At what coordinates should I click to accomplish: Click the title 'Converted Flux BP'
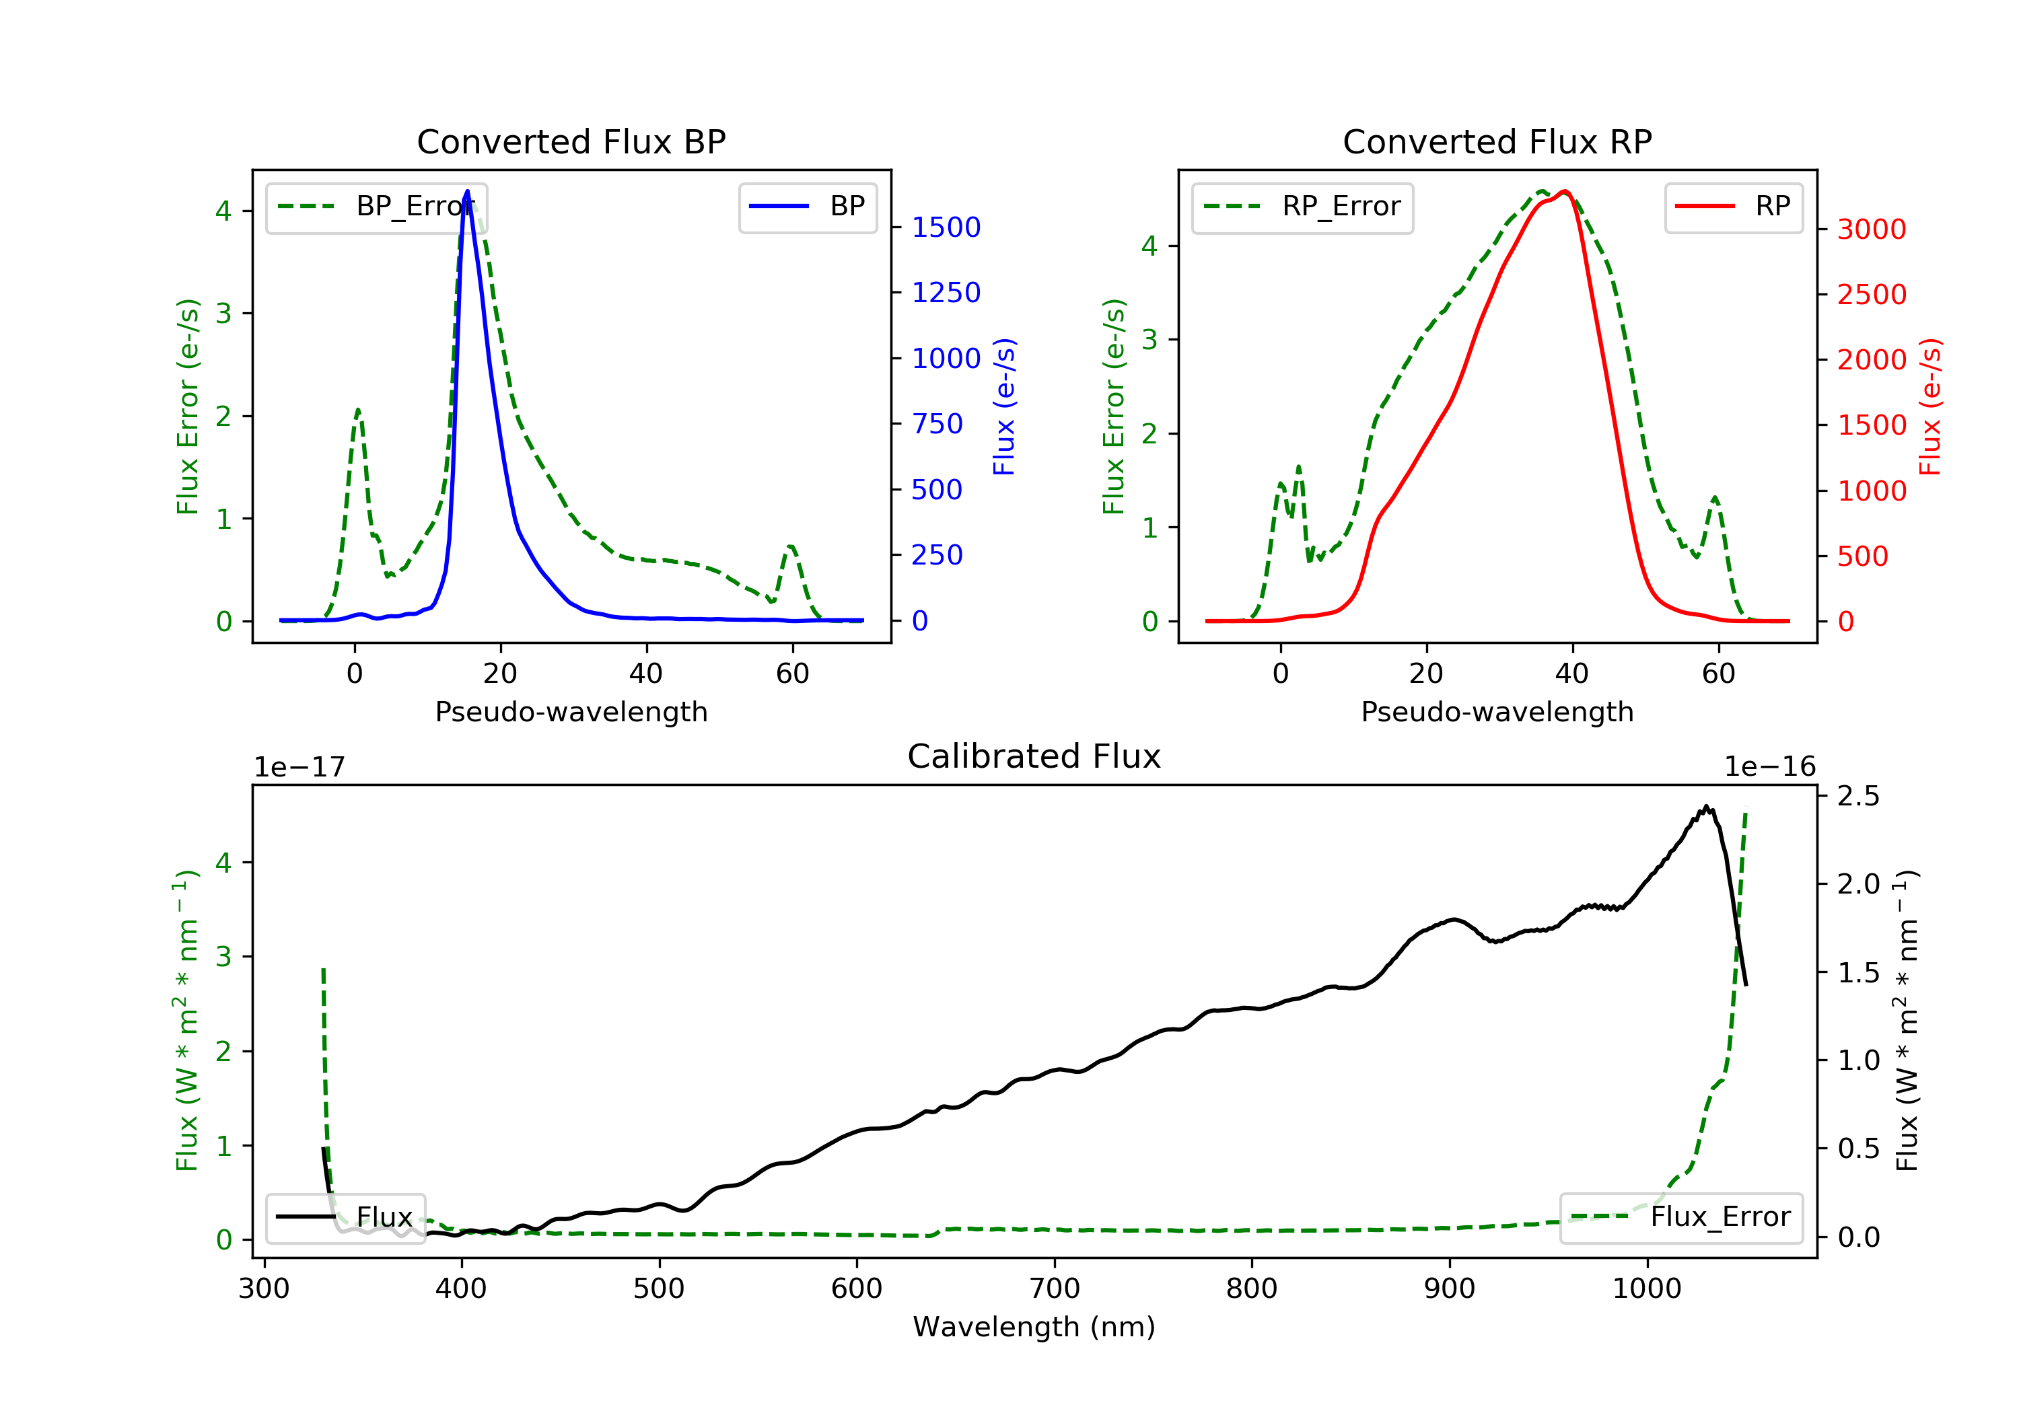571,141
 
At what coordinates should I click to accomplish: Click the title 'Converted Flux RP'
1497,141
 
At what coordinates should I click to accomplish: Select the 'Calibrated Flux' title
1034,756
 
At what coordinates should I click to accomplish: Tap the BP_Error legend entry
376,207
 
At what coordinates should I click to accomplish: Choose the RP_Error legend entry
1302,207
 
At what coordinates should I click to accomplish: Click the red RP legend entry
1733,207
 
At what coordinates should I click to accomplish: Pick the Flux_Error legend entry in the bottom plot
1680,1217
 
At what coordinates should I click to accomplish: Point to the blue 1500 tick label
946,227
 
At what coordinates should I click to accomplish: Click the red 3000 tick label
1872,229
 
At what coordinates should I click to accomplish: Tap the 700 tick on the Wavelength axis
1055,1289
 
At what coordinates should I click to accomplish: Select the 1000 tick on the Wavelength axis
1647,1289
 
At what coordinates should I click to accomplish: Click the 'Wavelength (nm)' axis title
1034,1327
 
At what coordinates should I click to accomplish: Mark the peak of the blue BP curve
467,191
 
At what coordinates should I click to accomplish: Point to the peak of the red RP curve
1565,192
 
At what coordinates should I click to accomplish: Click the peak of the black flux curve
1706,806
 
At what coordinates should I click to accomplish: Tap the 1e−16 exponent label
1769,767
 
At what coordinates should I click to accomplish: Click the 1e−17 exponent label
300,767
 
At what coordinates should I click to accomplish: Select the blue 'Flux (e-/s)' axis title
1004,407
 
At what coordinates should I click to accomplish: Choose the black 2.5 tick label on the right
1859,796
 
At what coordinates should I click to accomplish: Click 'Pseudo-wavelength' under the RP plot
1497,711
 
